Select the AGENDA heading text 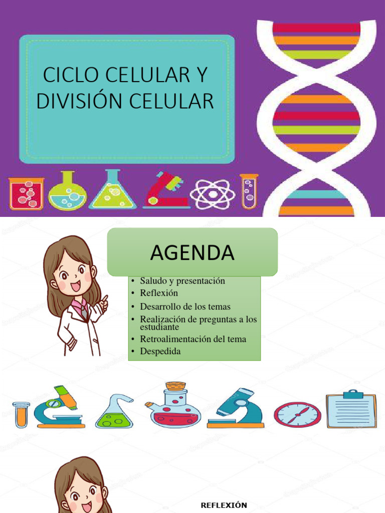(192, 253)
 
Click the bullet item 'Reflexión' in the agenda (159, 293)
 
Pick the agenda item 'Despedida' (160, 351)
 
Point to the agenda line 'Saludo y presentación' (182, 281)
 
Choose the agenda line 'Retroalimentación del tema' (193, 339)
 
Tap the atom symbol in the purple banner (212, 193)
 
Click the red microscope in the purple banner (165, 191)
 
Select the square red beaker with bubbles (27, 193)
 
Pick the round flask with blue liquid (67, 192)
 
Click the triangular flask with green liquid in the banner (112, 191)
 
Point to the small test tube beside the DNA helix (249, 190)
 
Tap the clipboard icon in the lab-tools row (351, 409)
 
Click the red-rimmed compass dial (297, 414)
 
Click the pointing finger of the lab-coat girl (104, 299)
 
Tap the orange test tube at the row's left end (21, 415)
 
